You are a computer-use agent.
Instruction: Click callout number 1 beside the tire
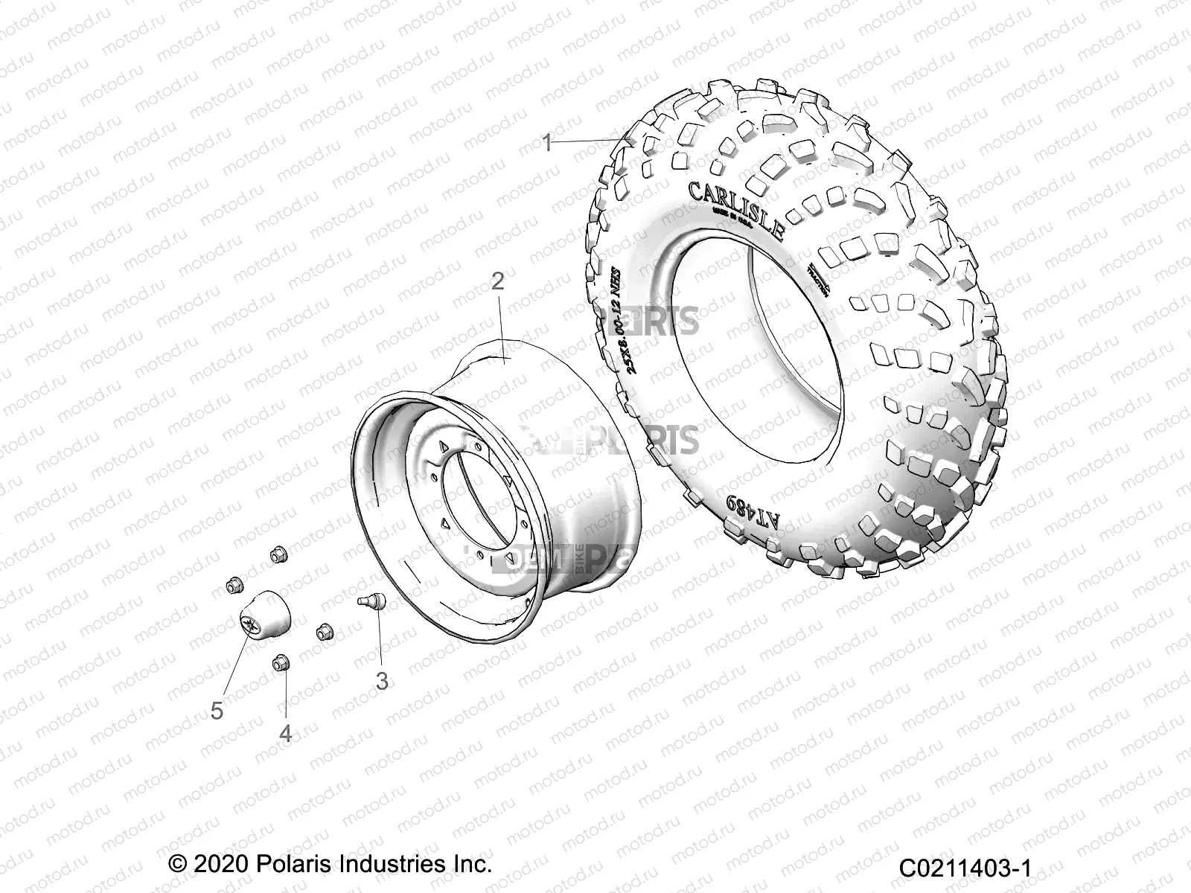coord(547,143)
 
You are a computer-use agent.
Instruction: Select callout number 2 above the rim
coord(497,281)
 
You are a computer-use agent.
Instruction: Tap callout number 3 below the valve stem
coord(382,680)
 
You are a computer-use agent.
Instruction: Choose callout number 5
coord(217,711)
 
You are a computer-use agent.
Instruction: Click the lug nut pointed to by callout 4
coord(281,662)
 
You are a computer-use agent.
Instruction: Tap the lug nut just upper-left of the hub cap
coord(233,585)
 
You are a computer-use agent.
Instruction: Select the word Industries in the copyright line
coord(379,865)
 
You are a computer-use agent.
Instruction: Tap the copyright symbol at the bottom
coord(177,865)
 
